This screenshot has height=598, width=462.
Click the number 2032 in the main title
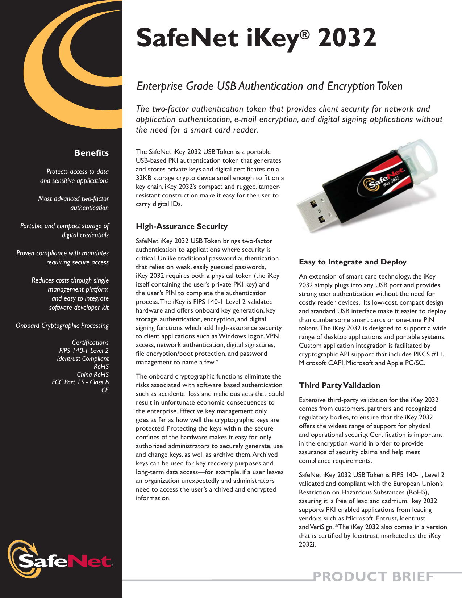tap(347, 38)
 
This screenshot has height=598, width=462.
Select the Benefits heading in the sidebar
tap(91, 153)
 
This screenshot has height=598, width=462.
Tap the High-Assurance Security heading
tap(182, 226)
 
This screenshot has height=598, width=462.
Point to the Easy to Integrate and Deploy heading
tap(353, 262)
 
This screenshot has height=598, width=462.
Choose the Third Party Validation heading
tap(340, 385)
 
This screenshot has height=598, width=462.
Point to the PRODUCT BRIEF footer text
tap(373, 576)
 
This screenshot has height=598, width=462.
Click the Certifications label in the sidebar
tap(90, 342)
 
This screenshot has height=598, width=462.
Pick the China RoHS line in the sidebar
tap(93, 374)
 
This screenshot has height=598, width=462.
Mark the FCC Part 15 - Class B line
tap(80, 382)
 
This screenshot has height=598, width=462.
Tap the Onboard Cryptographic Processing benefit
tap(62, 326)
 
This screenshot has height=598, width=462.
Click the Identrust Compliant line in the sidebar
tap(83, 359)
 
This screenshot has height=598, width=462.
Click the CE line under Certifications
tap(105, 390)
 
